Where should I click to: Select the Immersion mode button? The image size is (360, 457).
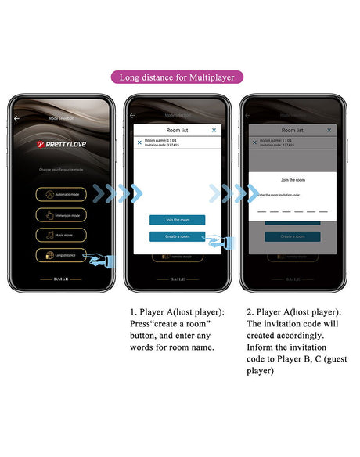(x=60, y=214)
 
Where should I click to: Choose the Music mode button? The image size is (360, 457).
(x=60, y=234)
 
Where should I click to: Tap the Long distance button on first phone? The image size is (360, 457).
(x=60, y=254)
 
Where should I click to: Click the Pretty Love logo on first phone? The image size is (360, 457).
(x=60, y=144)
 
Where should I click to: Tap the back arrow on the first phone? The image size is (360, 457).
(x=17, y=119)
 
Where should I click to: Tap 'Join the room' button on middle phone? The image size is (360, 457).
(x=177, y=220)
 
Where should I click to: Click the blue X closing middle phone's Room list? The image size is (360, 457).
(x=214, y=130)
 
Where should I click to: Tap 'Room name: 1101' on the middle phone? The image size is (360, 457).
(x=160, y=140)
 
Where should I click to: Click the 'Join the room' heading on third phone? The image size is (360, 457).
(x=292, y=180)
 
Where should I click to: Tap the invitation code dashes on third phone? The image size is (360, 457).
(x=292, y=211)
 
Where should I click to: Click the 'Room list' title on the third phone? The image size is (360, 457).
(x=292, y=130)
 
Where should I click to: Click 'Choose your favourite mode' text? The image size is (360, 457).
(x=60, y=169)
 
